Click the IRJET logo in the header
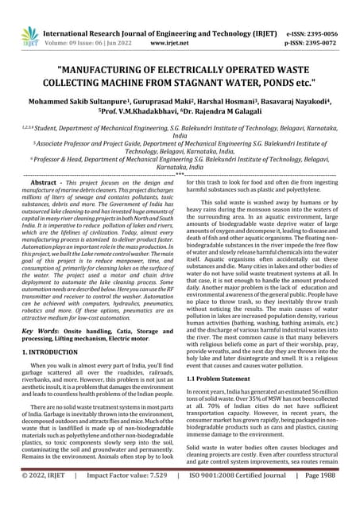[30, 35]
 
